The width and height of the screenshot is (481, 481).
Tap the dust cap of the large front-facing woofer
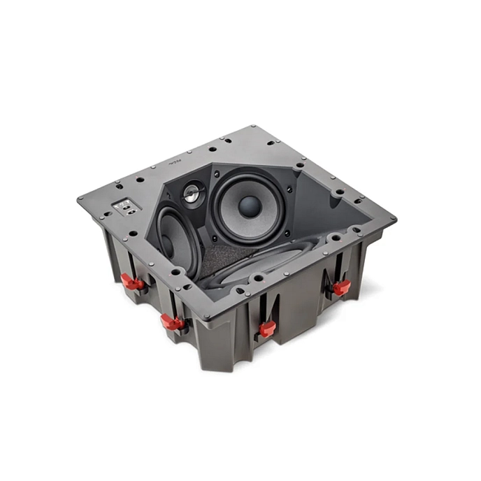point(250,206)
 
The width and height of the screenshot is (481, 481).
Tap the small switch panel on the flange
point(124,205)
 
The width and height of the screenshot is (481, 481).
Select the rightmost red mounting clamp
point(341,287)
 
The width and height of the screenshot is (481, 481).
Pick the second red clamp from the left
point(171,322)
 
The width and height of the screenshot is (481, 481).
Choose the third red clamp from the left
point(266,329)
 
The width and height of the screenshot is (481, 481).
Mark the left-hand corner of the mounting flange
point(80,201)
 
